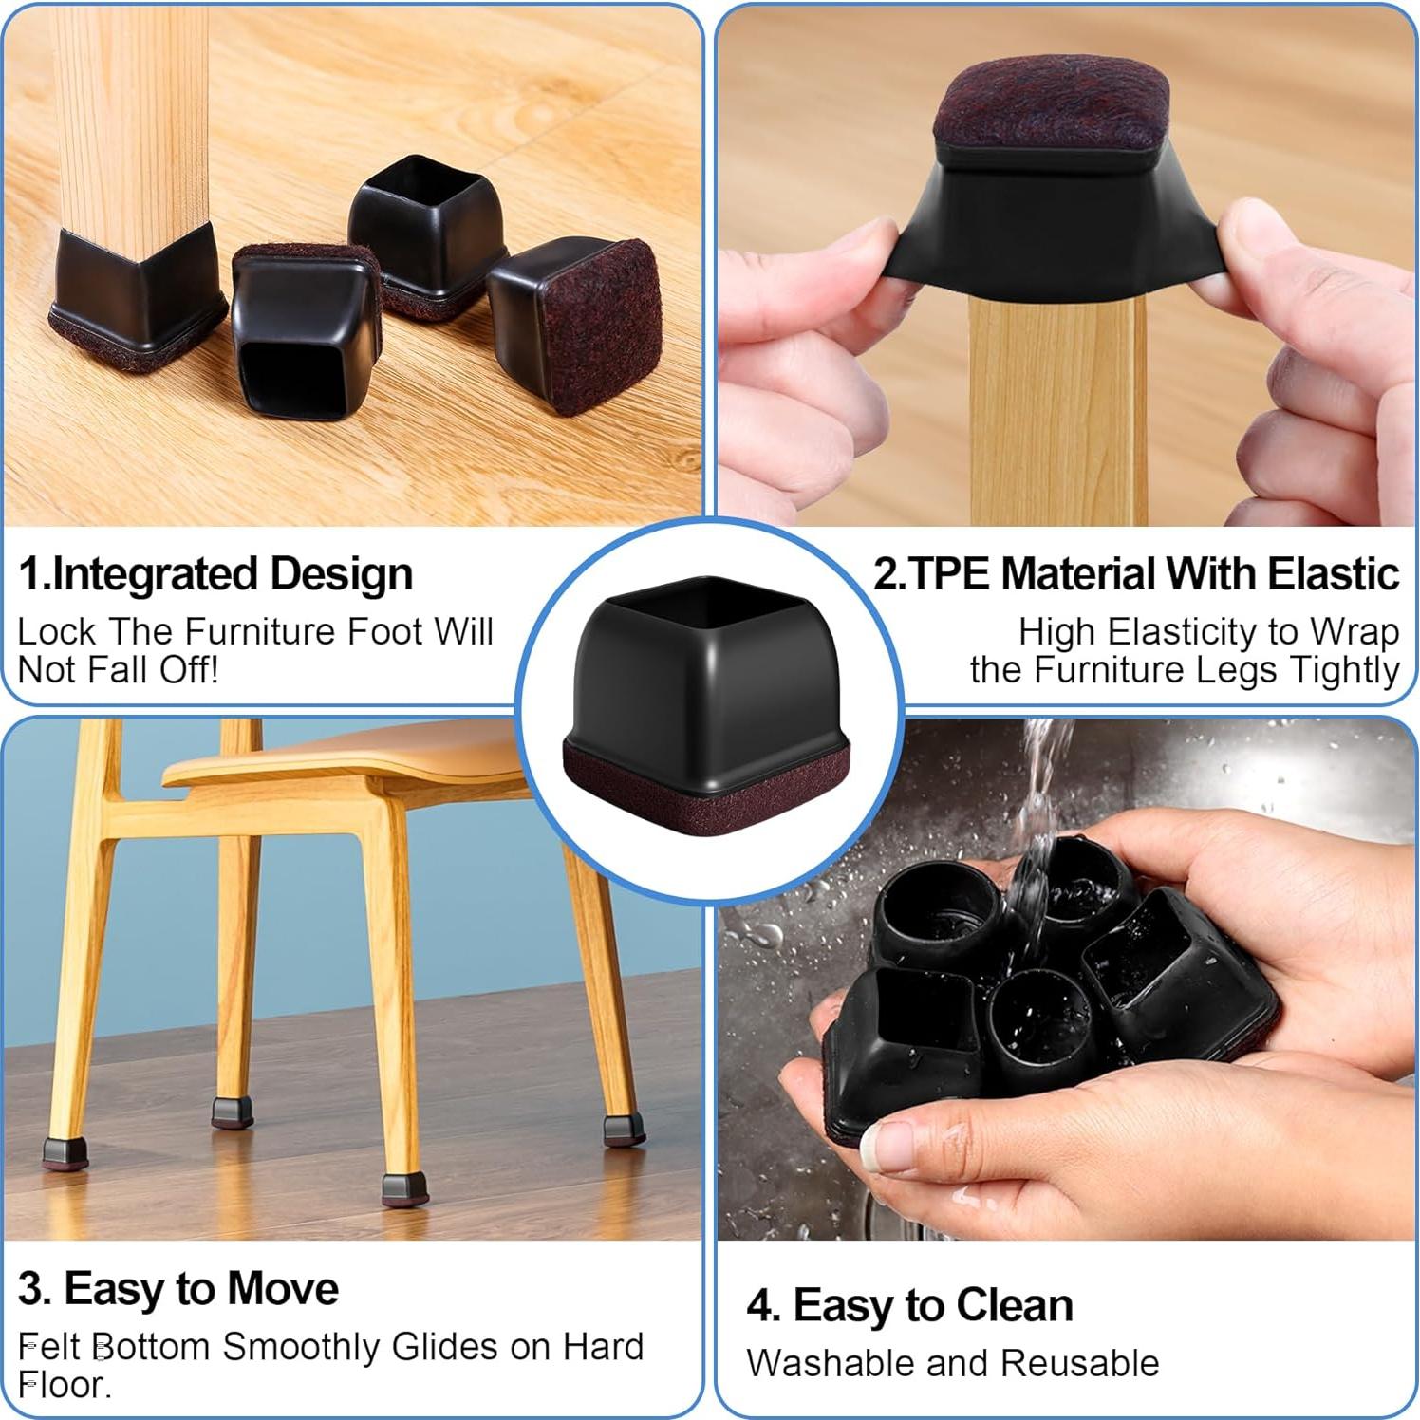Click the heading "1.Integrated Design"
[215, 575]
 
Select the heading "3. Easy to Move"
[177, 1289]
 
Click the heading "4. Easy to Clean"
[909, 1306]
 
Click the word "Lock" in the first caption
[56, 632]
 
